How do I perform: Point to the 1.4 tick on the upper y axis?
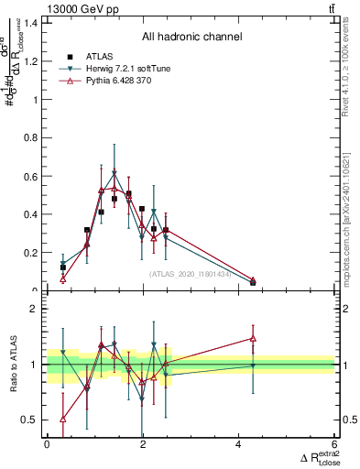pos(33,23)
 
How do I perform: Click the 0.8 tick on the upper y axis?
pos(33,138)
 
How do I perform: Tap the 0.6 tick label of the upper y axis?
pos(33,177)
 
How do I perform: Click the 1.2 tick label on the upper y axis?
pos(33,61)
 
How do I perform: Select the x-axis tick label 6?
pos(335,444)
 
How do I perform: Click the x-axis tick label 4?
pos(239,444)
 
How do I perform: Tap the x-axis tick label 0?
pos(47,444)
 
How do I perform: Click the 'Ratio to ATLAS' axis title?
pos(13,365)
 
